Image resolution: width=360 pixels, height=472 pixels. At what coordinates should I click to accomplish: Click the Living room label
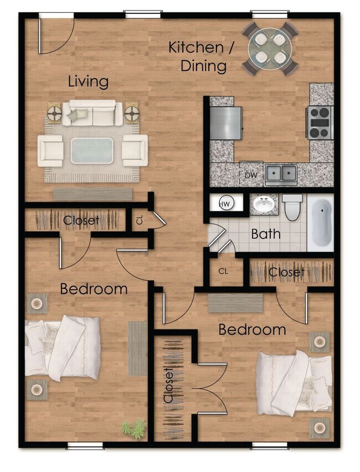tap(88, 82)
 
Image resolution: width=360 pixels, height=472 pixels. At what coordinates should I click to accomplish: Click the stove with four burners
tap(319, 122)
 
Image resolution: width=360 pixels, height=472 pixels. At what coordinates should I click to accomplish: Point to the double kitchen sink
tap(281, 174)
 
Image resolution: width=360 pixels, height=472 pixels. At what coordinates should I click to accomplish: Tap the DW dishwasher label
tap(250, 175)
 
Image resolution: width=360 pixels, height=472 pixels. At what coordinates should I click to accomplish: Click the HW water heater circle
tap(225, 204)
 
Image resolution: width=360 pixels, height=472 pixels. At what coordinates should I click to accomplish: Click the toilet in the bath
tap(292, 206)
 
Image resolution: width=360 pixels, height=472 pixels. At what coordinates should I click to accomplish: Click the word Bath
tap(266, 234)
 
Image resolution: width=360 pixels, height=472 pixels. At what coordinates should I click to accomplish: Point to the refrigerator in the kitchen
tap(226, 123)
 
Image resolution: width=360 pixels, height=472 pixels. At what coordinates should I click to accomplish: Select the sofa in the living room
tap(92, 114)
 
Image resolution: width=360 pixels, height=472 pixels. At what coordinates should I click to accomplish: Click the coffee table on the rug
tap(92, 150)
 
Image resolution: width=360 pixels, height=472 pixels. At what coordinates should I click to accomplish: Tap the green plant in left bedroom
tap(134, 428)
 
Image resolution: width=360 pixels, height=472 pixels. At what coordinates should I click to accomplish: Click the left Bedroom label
tap(94, 289)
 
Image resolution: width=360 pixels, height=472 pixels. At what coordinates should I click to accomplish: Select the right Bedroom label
tap(252, 330)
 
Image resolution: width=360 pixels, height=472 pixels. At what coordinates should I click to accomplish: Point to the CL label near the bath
tap(223, 272)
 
